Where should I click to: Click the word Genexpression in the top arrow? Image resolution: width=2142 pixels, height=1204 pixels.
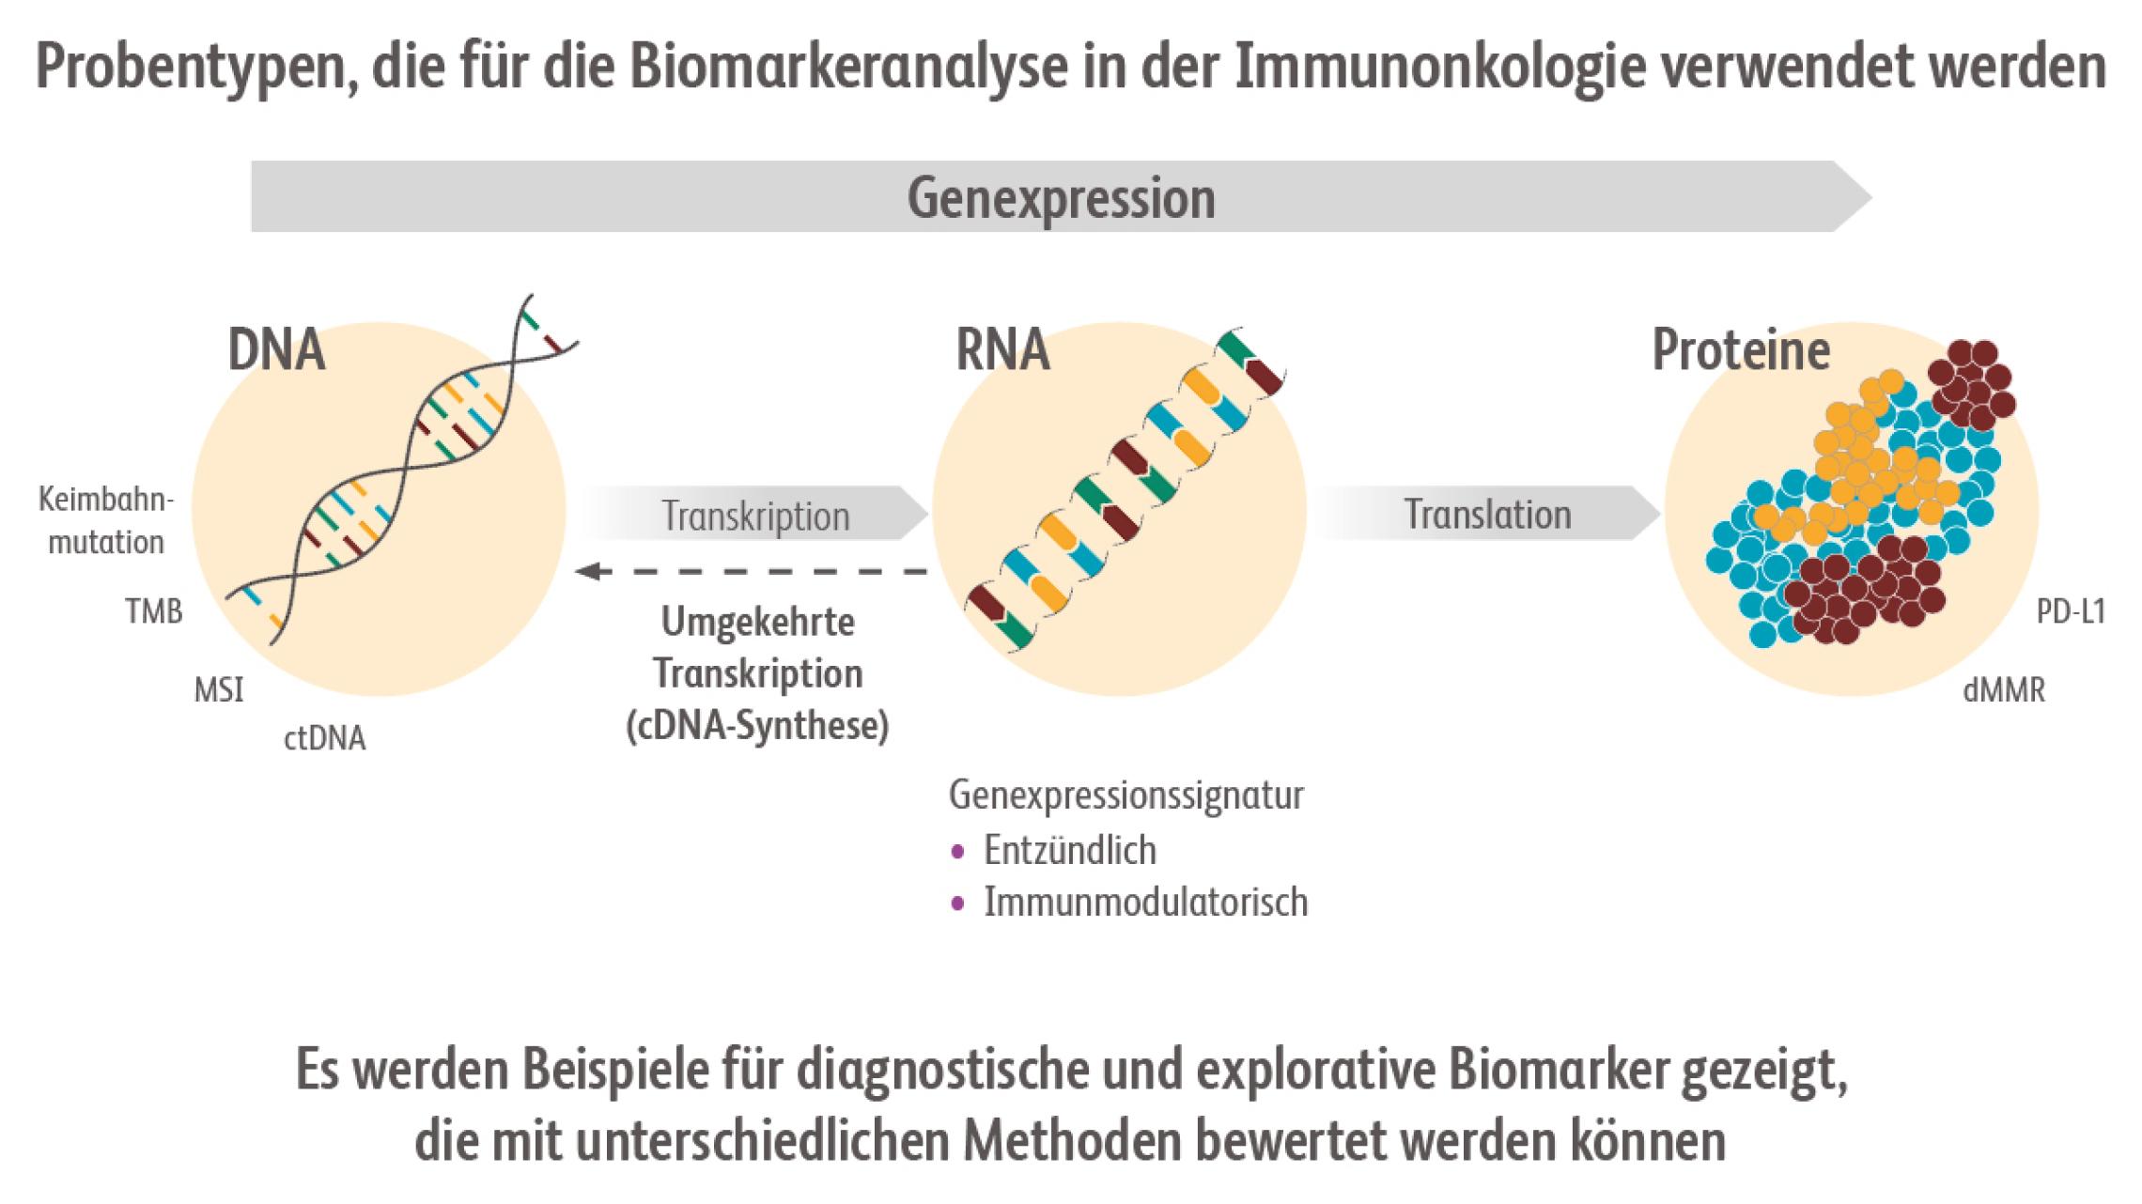(1061, 198)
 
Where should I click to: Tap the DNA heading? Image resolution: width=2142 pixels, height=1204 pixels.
(275, 351)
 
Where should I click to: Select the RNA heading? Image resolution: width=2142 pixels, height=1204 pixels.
(1001, 350)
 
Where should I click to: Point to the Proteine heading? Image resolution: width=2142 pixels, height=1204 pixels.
(1741, 350)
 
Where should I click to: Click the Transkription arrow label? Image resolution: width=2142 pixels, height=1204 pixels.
(755, 516)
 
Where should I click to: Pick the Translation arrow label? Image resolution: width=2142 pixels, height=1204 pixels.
(1487, 514)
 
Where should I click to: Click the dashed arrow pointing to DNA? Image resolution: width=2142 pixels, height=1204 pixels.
(752, 571)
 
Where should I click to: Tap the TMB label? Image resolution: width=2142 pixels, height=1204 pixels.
(154, 612)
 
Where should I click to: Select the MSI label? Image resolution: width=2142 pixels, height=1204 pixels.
(218, 691)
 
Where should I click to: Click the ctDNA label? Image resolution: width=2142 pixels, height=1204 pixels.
(324, 739)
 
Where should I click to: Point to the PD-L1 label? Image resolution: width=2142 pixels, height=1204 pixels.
(2071, 612)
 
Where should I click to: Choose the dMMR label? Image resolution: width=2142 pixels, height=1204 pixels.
(2004, 691)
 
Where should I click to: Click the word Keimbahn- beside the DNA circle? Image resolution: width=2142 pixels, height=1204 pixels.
(106, 499)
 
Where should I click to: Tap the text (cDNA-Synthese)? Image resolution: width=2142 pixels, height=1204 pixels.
(757, 727)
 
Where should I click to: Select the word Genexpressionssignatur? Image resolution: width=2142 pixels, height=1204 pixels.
(1125, 795)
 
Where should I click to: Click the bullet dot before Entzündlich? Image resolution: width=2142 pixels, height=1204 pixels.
(957, 852)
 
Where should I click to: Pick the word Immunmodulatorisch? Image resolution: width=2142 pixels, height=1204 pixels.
(1145, 902)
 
